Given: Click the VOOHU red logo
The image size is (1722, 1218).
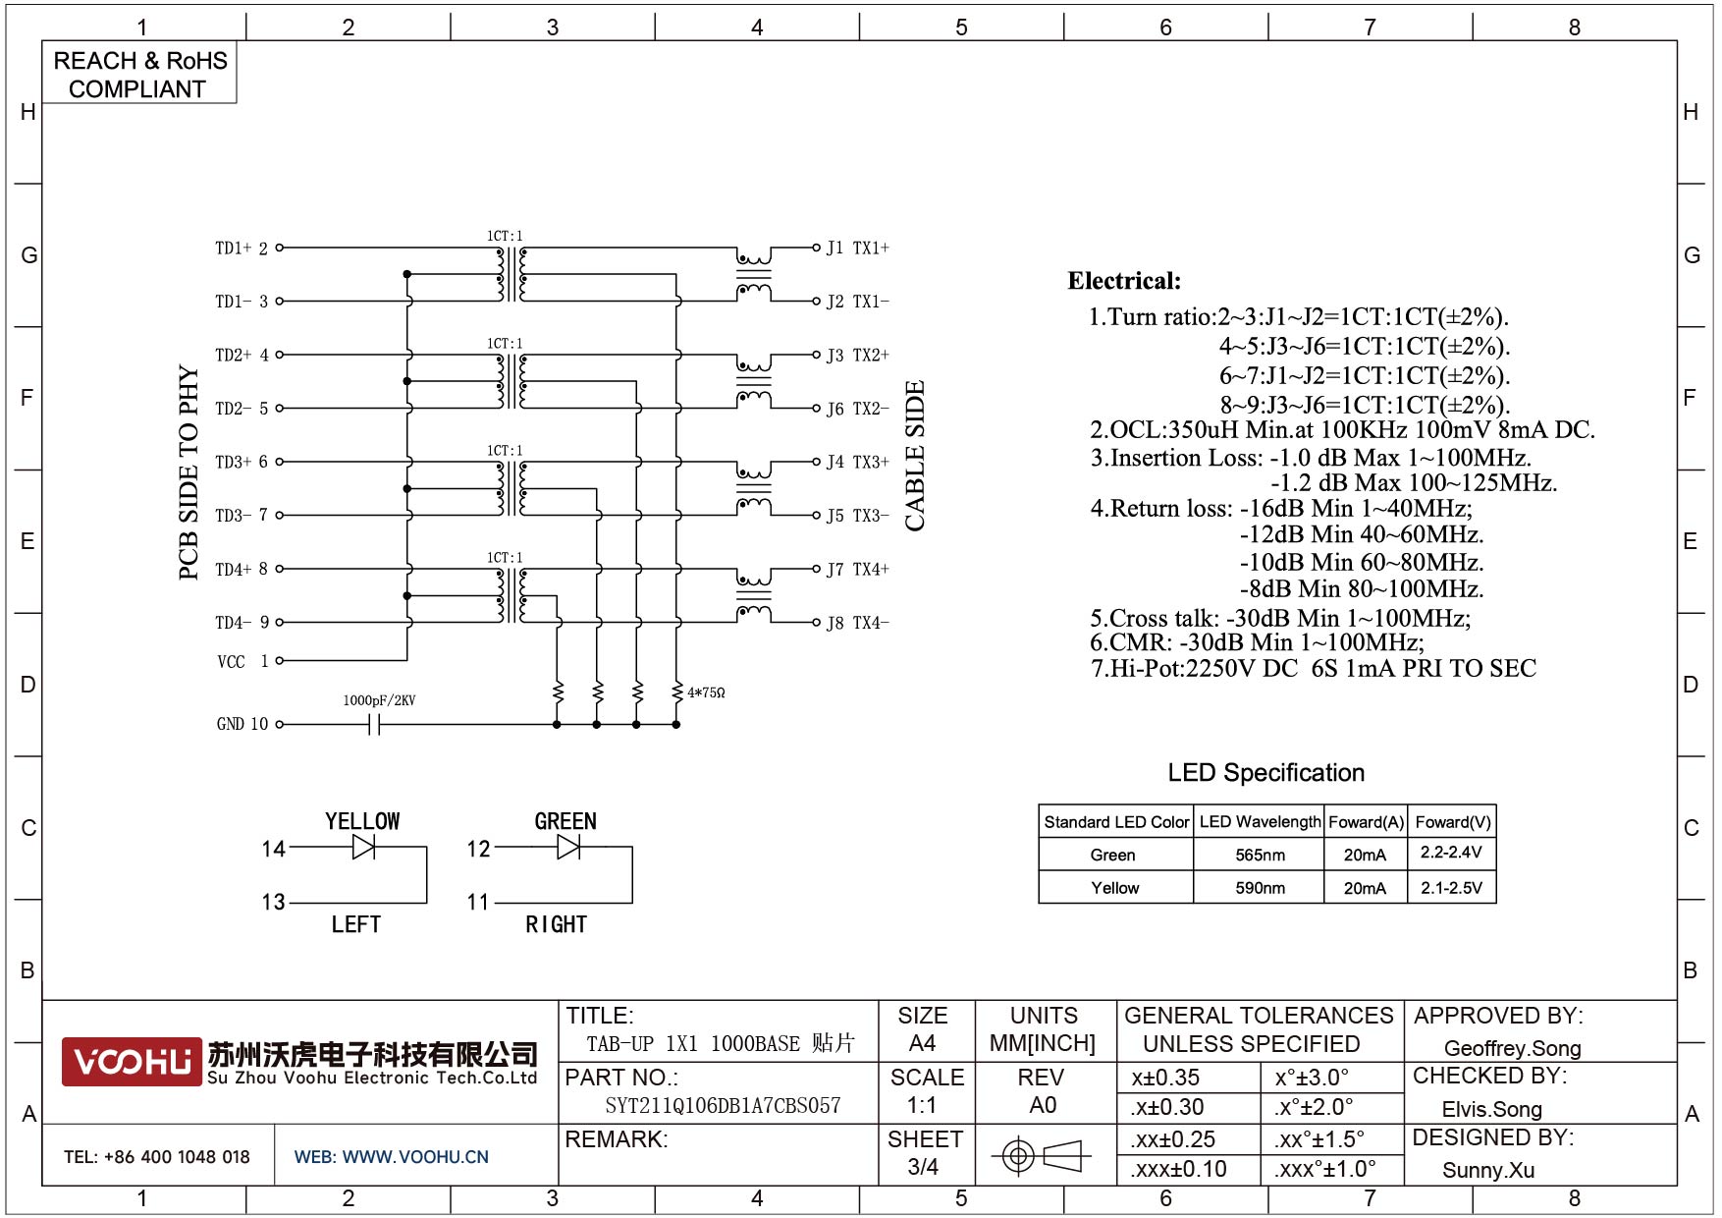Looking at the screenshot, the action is pos(132,1062).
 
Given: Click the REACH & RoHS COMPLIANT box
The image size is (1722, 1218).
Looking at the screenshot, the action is pos(139,74).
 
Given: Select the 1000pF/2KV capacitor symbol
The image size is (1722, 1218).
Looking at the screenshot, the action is pos(374,725).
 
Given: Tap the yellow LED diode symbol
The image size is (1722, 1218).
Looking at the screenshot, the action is pos(363,847).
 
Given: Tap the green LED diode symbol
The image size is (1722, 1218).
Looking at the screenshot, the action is pos(567,847).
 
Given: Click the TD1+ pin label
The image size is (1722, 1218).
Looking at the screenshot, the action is pos(234,249).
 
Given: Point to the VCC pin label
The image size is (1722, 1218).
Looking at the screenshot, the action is pos(232,662).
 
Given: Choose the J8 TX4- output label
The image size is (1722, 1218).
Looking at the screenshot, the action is pos(857,623).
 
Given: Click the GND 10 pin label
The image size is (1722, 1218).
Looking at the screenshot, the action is pos(242,725).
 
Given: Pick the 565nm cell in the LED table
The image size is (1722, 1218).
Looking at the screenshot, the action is pos(1260,856).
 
